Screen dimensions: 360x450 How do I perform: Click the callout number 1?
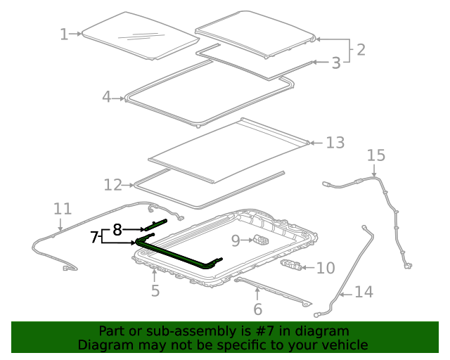tap(64, 34)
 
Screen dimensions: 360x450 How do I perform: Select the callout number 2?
tap(361, 50)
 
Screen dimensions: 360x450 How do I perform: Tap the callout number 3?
tap(336, 63)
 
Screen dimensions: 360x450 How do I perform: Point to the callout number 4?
tap(107, 97)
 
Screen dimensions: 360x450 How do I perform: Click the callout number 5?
tap(155, 289)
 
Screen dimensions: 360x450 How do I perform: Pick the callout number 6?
tap(257, 309)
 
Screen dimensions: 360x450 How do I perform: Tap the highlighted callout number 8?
tap(117, 229)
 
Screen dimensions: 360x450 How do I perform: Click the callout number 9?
tap(236, 240)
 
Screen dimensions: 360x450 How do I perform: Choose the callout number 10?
tap(326, 268)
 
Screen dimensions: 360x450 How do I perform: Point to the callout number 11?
tap(63, 209)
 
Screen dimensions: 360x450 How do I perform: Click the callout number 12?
tap(113, 185)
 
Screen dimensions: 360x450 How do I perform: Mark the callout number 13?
tap(335, 143)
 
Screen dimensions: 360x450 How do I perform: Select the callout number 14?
tap(364, 291)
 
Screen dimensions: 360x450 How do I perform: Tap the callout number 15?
tap(376, 154)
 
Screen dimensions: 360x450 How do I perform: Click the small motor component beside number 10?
tap(294, 265)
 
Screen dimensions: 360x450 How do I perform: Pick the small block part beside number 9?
tap(261, 241)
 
